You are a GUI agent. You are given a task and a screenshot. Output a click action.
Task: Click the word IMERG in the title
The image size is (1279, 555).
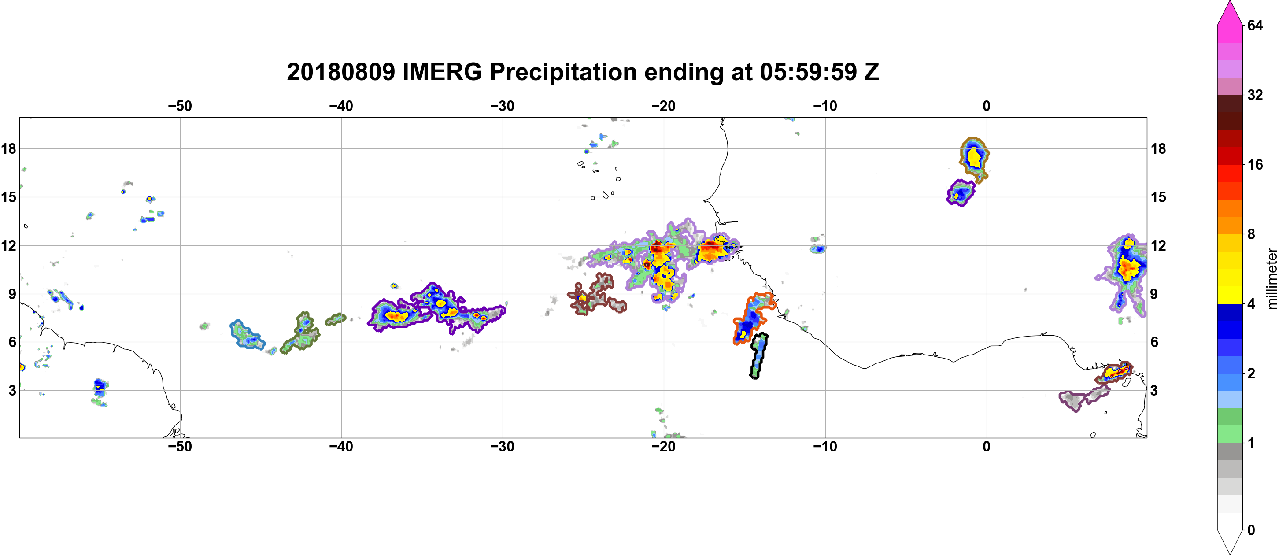pos(442,72)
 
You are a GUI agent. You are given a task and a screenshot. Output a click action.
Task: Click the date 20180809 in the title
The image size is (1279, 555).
pos(340,72)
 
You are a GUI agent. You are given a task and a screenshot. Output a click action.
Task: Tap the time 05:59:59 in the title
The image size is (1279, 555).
pos(808,72)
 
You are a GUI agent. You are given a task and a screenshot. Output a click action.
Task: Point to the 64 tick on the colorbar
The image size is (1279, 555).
pos(1255,25)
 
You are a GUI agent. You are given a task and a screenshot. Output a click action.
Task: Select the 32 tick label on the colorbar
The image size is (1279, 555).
pos(1255,95)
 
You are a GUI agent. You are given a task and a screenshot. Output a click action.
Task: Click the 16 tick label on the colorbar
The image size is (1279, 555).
pos(1255,165)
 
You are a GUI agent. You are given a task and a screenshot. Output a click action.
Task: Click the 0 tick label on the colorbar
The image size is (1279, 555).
pos(1251,530)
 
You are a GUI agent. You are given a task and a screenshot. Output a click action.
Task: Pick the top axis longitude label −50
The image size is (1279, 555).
pos(180,106)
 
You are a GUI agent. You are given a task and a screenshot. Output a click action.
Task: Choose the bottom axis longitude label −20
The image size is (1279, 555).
pos(664,447)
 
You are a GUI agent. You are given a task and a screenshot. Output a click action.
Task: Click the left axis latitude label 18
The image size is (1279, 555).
pos(8,148)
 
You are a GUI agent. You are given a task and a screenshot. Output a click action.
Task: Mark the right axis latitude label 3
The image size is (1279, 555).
pos(1154,391)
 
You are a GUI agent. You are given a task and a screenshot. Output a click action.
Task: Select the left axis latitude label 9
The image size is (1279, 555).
pos(12,294)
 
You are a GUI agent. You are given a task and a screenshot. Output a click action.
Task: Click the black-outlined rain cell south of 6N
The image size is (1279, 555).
pos(758,356)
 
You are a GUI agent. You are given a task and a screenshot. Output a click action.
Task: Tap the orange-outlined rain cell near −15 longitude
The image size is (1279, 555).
pos(752,318)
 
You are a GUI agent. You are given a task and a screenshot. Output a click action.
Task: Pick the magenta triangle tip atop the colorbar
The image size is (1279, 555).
pos(1229,1)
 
